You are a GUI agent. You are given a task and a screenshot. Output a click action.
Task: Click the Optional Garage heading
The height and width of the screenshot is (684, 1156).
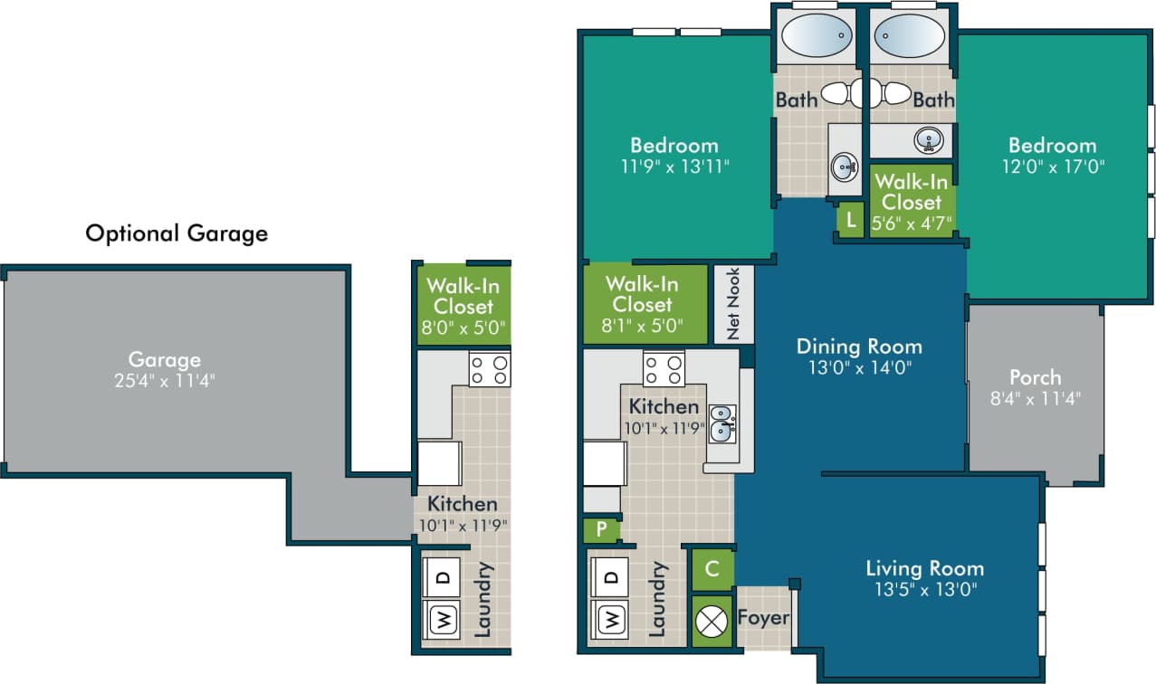tap(177, 233)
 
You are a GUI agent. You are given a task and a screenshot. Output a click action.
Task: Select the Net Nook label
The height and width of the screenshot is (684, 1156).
tap(733, 304)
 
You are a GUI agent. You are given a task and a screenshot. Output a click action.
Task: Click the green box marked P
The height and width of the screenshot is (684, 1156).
tap(600, 529)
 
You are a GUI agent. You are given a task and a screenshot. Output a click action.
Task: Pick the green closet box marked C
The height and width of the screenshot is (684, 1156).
tap(712, 569)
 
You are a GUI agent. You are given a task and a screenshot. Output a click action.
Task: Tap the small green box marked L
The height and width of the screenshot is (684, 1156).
tap(850, 219)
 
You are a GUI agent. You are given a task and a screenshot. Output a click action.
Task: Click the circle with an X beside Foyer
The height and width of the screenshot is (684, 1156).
tap(712, 621)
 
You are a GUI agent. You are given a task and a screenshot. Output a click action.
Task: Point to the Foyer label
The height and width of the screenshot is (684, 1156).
tap(763, 618)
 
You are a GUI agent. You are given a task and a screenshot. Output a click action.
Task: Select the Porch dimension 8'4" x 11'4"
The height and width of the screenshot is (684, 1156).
tap(1035, 397)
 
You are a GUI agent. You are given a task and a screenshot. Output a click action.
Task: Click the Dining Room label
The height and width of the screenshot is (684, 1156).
tap(859, 346)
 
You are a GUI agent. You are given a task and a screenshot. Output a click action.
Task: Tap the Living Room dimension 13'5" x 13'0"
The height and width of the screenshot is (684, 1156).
tap(924, 589)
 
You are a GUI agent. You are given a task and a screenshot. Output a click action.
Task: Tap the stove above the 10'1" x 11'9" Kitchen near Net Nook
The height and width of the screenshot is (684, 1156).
tap(664, 367)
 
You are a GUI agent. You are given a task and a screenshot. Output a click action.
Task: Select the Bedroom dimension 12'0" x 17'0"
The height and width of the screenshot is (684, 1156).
tap(1052, 166)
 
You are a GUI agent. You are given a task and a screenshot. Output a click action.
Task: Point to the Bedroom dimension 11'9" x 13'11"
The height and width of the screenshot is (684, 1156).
tap(674, 166)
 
